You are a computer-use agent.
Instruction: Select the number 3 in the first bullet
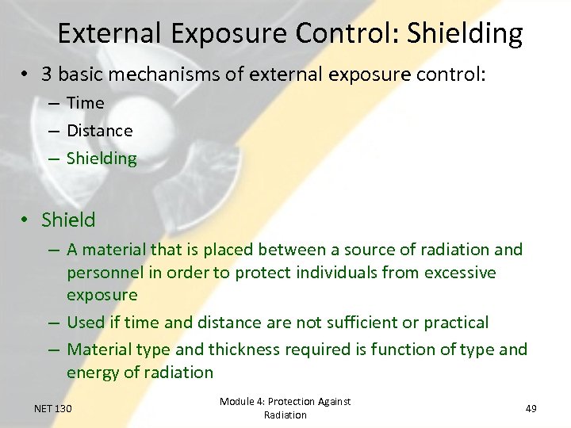(x=48, y=74)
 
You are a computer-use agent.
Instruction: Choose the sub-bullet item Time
(x=86, y=103)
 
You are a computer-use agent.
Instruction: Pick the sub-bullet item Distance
(x=100, y=131)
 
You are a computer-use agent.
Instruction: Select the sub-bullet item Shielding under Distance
(x=102, y=159)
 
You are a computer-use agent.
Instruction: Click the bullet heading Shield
(x=68, y=220)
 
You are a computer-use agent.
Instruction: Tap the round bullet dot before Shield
(x=25, y=220)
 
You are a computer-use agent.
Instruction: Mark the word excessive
(x=459, y=273)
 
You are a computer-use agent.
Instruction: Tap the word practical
(x=456, y=323)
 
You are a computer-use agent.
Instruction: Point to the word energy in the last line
(x=93, y=373)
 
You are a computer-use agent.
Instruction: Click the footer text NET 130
(x=53, y=408)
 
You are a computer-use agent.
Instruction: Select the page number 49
(x=531, y=408)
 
